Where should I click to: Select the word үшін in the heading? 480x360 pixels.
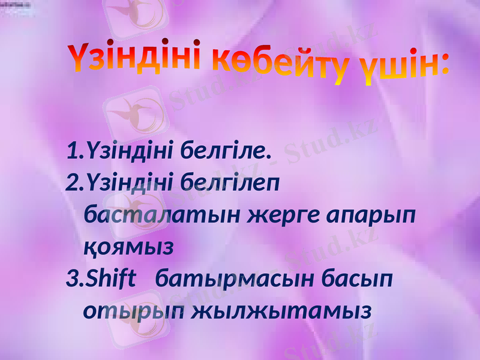(x=393, y=68)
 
